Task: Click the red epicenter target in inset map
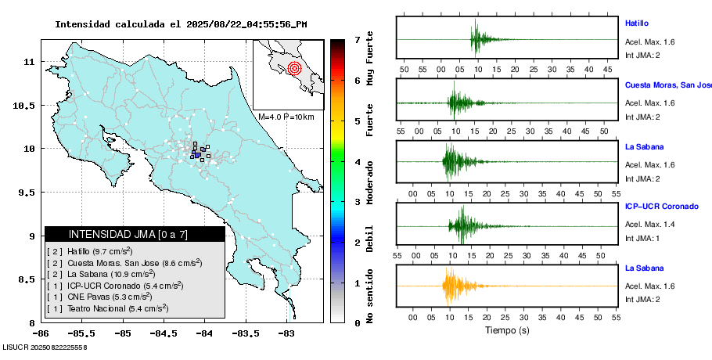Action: (x=294, y=68)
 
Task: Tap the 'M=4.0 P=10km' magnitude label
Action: (x=286, y=117)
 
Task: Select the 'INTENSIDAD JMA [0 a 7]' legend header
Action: (x=128, y=234)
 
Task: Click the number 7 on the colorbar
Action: (x=357, y=39)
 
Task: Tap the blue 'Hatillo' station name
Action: (x=637, y=23)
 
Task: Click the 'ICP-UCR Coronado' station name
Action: (x=662, y=207)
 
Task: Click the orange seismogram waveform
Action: (x=454, y=286)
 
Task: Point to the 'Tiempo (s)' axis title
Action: (x=506, y=331)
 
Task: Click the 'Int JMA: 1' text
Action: (x=643, y=238)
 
